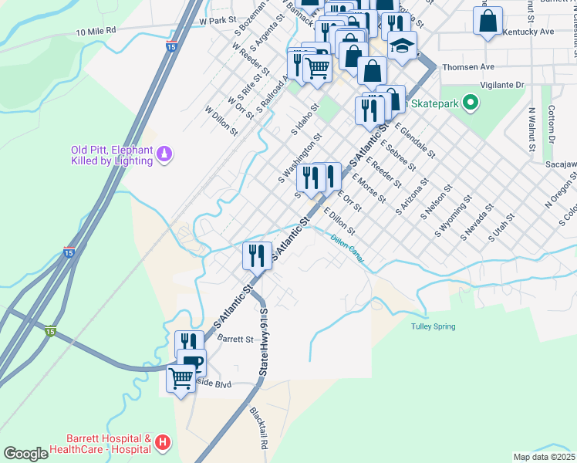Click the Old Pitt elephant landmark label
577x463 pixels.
(111, 155)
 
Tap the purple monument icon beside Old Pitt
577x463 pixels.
(164, 155)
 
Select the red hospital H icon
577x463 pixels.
(162, 443)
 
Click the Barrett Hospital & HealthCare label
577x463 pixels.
(100, 443)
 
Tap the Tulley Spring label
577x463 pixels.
(433, 326)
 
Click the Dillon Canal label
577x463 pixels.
(347, 251)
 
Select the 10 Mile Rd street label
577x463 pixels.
(96, 31)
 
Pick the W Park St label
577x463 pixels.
(216, 20)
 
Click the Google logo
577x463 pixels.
(25, 453)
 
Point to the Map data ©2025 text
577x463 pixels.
(543, 456)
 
